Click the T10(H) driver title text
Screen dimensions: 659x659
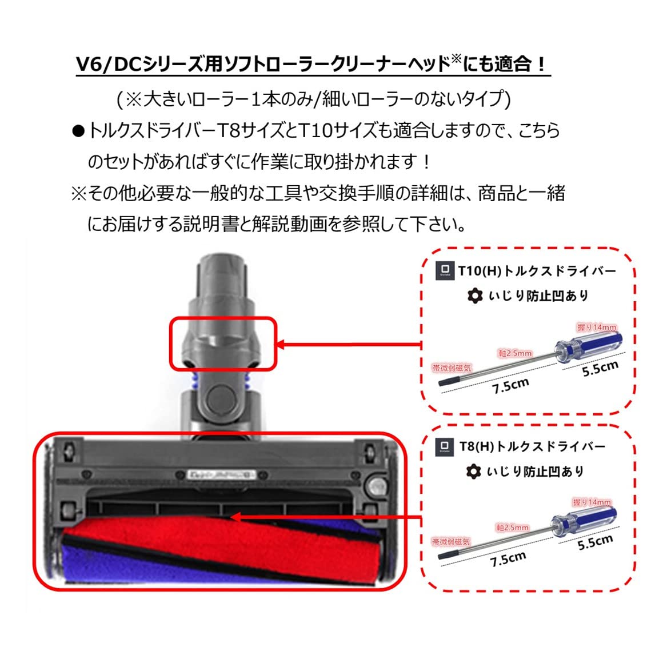(x=537, y=270)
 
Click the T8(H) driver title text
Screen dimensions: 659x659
(x=532, y=446)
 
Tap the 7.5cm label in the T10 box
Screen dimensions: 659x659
(x=510, y=386)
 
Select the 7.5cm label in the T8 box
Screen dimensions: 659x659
(x=508, y=560)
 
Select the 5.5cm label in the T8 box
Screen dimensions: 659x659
(x=595, y=542)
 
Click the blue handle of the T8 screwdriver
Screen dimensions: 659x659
(x=584, y=521)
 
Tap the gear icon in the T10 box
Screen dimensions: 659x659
(x=474, y=295)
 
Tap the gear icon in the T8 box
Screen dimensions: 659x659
(x=473, y=472)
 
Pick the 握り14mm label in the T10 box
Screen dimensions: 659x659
(x=597, y=327)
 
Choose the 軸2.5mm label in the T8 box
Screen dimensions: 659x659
(x=513, y=528)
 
